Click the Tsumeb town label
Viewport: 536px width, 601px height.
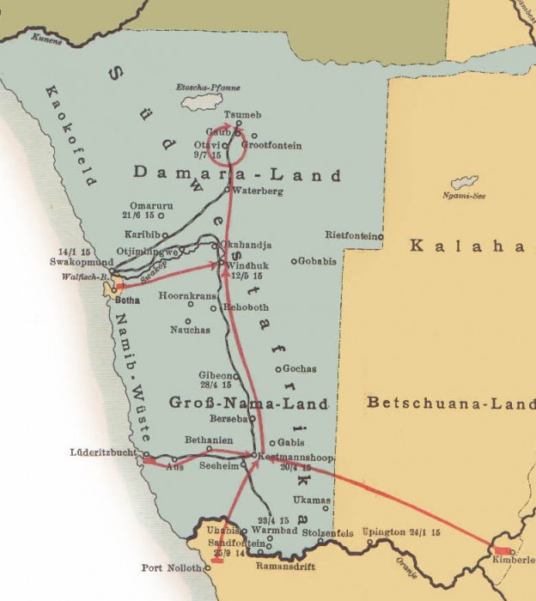(241, 115)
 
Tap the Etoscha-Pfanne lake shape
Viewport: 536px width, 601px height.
(200, 100)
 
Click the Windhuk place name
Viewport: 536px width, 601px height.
(248, 266)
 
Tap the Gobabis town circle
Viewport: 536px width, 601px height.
(294, 261)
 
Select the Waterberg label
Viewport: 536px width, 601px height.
(257, 191)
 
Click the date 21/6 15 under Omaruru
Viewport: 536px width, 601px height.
(137, 215)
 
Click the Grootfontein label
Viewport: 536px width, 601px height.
(271, 145)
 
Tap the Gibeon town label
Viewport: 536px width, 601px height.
(216, 376)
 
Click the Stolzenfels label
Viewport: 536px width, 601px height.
(325, 533)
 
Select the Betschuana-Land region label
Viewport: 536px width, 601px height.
(450, 402)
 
